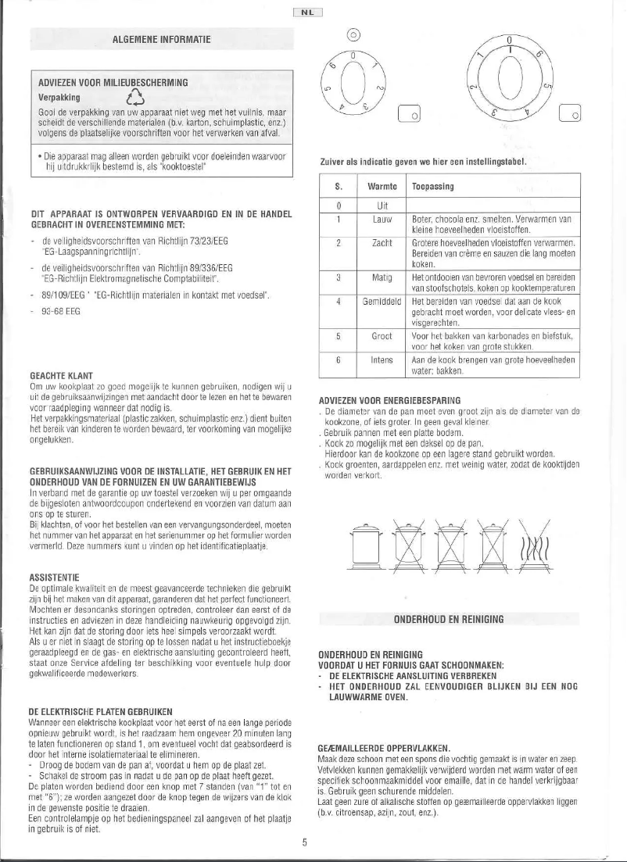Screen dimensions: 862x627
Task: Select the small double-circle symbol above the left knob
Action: coord(352,34)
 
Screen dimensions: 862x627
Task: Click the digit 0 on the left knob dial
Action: coord(353,55)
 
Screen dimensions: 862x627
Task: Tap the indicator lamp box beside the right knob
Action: coord(571,116)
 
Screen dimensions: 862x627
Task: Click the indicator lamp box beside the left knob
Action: coord(409,114)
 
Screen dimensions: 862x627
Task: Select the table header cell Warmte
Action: coord(379,187)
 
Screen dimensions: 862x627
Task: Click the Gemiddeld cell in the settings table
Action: coord(379,301)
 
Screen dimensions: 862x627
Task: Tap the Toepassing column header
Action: coord(432,187)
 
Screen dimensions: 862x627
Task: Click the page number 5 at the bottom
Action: coord(305,842)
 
